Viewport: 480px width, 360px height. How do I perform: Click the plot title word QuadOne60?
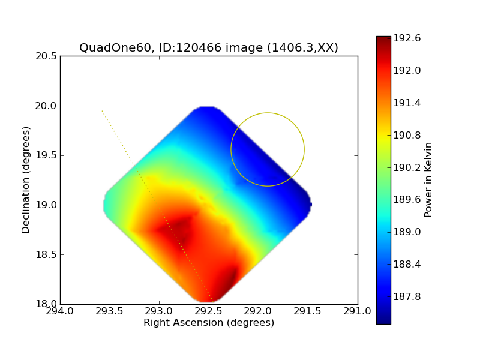click(x=115, y=48)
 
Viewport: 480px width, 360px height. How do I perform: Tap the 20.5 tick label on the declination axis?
click(x=46, y=56)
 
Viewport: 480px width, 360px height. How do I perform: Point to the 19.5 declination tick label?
click(x=46, y=155)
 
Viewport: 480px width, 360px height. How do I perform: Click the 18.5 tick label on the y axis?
click(x=46, y=254)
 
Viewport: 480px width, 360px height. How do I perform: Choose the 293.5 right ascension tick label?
click(x=110, y=311)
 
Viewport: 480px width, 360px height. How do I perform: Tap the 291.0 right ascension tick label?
click(x=357, y=311)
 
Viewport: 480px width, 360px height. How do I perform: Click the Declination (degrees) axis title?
click(x=26, y=181)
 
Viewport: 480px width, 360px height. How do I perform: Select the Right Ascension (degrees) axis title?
click(x=209, y=323)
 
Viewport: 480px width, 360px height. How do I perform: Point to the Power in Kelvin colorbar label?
click(x=428, y=180)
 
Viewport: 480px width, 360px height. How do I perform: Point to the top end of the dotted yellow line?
click(x=102, y=110)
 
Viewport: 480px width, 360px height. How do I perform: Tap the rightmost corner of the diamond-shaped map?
click(x=311, y=204)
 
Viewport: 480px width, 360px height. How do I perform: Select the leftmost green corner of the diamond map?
click(x=104, y=205)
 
